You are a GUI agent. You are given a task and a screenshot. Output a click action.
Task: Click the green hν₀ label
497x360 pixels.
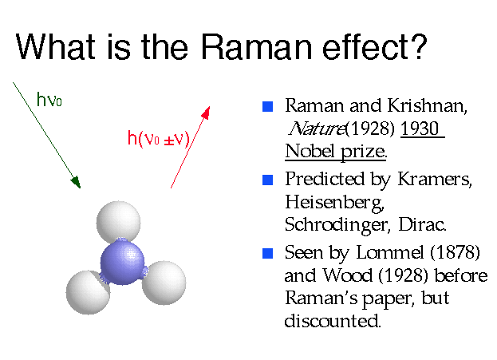50,100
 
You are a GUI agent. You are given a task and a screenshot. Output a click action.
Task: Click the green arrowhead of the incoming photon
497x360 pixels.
76,183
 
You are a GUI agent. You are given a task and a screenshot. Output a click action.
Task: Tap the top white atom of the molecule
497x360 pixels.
118,223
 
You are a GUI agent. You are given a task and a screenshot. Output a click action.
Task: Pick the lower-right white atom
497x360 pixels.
164,281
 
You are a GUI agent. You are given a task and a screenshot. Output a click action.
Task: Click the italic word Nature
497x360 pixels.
308,129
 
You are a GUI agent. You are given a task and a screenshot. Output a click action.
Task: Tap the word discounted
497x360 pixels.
333,322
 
